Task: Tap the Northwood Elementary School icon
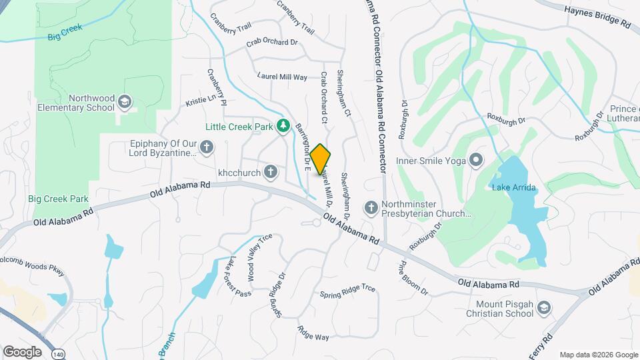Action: point(124,102)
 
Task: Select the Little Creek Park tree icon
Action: point(283,125)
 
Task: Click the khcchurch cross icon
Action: point(270,173)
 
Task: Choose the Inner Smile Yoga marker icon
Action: point(476,160)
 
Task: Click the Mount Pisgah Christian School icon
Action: point(544,307)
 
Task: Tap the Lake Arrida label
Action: point(514,188)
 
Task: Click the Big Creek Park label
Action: point(58,199)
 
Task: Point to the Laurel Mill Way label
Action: point(283,77)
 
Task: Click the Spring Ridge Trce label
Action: point(347,291)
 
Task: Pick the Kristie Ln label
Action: point(202,100)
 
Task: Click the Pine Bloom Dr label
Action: point(413,279)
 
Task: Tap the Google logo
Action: point(22,351)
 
